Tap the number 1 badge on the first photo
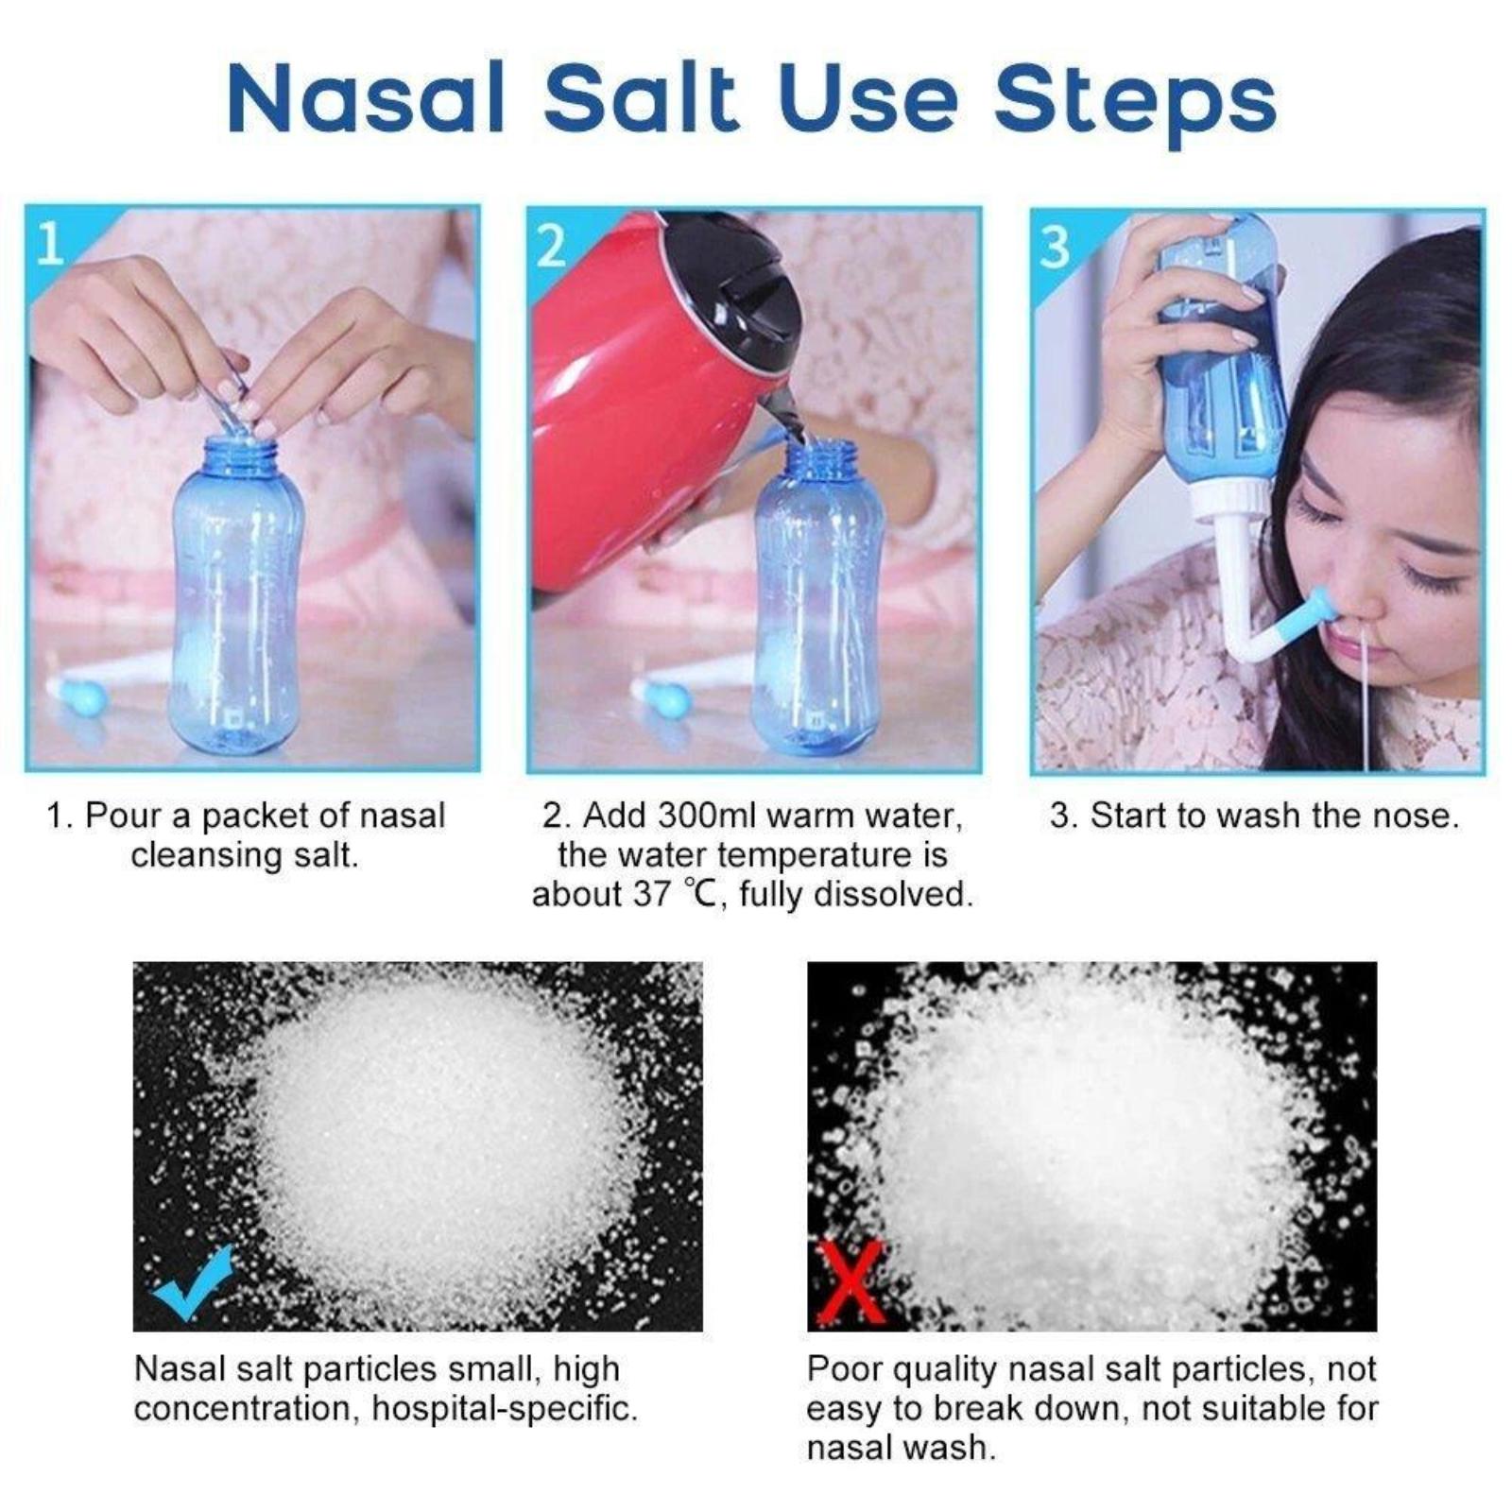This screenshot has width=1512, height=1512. (49, 243)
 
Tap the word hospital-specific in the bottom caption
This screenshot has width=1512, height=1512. (505, 1409)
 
